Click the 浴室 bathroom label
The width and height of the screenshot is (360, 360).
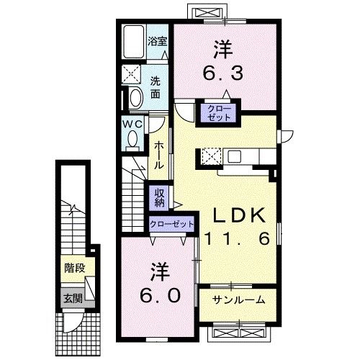(x=157, y=42)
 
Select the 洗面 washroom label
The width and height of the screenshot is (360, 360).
(x=156, y=87)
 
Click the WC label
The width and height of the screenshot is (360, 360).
(x=132, y=123)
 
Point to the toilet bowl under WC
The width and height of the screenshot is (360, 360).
(x=132, y=141)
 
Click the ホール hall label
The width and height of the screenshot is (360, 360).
(x=159, y=154)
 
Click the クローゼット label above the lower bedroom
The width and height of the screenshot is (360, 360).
(x=172, y=224)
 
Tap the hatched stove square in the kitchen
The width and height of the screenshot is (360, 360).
(x=211, y=156)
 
